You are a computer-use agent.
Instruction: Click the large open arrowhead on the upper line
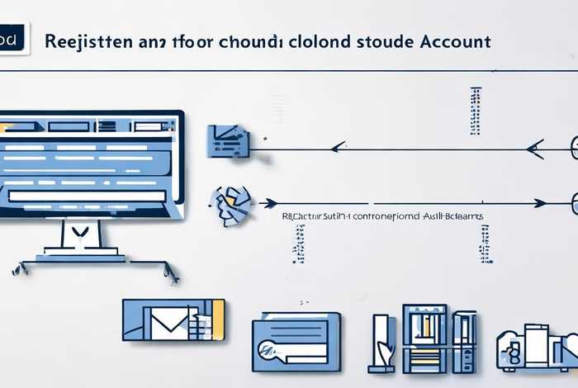534,149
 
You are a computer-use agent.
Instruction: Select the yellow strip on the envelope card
219,319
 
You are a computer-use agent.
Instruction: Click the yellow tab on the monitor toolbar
6,127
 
